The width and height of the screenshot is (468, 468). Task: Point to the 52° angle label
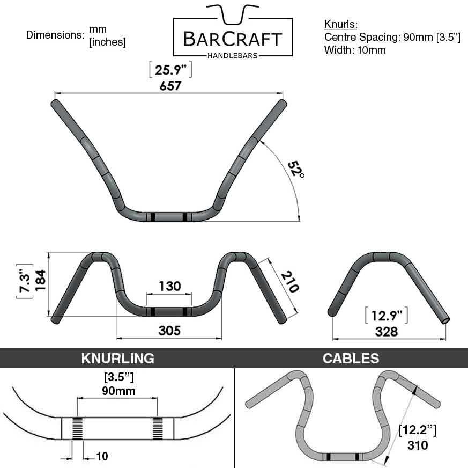click(x=295, y=170)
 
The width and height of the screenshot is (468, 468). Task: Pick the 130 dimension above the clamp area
click(x=169, y=286)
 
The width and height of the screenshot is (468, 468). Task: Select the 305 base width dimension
click(x=169, y=331)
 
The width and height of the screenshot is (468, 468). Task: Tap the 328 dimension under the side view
click(x=386, y=332)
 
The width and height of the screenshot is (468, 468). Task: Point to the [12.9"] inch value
click(x=386, y=316)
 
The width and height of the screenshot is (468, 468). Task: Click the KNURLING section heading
click(x=117, y=359)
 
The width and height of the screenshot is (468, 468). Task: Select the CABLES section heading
click(x=351, y=359)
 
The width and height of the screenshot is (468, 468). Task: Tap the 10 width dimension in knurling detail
click(x=102, y=457)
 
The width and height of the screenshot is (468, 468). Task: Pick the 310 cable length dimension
click(x=417, y=445)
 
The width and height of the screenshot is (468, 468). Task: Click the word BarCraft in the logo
click(x=233, y=39)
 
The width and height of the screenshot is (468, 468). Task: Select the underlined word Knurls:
click(x=340, y=25)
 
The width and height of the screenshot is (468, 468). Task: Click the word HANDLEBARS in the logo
click(x=233, y=55)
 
